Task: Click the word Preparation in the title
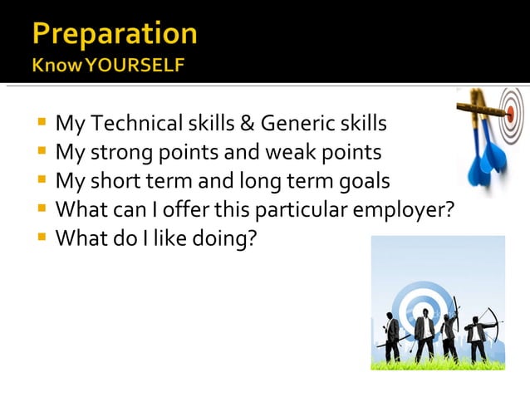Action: pos(115,33)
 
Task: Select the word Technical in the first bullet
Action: pos(131,125)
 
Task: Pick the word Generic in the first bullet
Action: pos(297,125)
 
